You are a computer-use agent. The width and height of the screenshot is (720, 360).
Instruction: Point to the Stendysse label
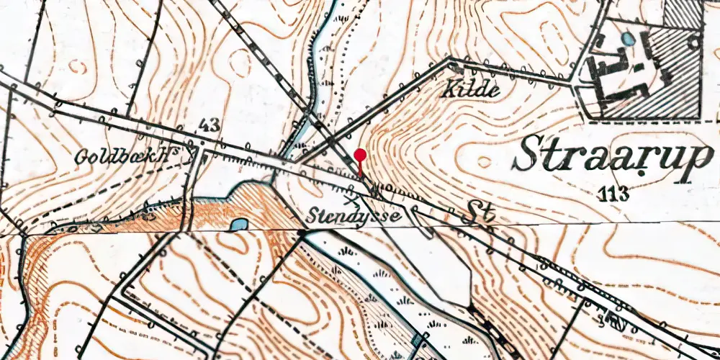(356, 215)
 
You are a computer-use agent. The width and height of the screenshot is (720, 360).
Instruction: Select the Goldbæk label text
(130, 157)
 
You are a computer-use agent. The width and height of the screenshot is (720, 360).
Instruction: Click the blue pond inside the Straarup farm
(629, 39)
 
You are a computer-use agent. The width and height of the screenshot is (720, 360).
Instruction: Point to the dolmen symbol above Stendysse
(351, 192)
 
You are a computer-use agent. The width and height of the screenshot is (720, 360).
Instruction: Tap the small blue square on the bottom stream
(418, 340)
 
